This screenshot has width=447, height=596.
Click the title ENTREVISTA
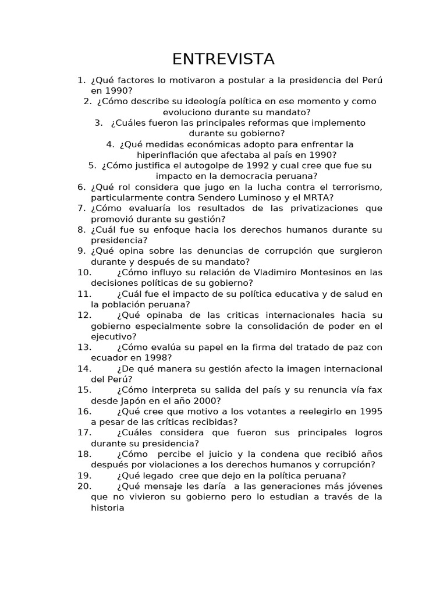pos(223,59)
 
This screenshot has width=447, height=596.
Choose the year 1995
pos(371,411)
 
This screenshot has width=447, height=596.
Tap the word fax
pos(374,390)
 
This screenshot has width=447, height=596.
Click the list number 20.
pos(84,486)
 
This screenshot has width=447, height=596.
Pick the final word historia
pos(108,508)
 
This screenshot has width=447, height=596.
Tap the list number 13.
pos(84,347)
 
